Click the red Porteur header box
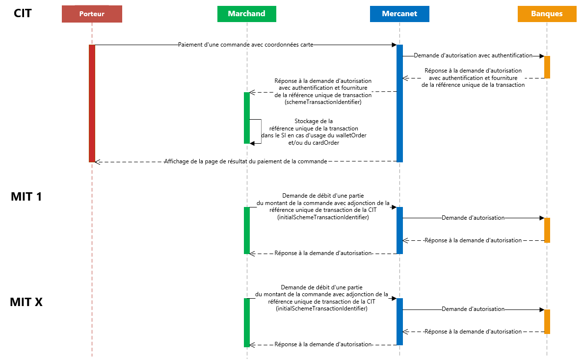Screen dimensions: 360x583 [92, 14]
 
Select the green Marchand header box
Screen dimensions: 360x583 [246, 14]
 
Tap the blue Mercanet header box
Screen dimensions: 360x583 [399, 14]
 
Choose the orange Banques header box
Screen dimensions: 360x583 [547, 14]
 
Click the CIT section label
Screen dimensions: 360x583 [23, 13]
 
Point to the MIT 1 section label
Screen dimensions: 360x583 [26, 197]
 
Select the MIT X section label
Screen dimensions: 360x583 [26, 302]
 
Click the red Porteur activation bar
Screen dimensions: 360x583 [92, 103]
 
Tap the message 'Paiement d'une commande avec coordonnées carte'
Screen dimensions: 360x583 [245, 45]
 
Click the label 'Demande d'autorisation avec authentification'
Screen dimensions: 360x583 [473, 56]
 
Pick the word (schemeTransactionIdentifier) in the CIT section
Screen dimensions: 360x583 [323, 102]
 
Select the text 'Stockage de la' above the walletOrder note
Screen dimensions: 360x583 [314, 121]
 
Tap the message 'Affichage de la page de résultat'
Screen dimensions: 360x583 [245, 161]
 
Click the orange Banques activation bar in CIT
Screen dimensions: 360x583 [547, 67]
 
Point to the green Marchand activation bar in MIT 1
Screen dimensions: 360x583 [247, 230]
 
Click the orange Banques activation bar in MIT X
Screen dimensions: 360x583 [547, 321]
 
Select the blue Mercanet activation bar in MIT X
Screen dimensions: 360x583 [399, 321]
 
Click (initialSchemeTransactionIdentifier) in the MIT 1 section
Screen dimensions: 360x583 [322, 217]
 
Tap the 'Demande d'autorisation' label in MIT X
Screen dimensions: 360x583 [473, 309]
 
